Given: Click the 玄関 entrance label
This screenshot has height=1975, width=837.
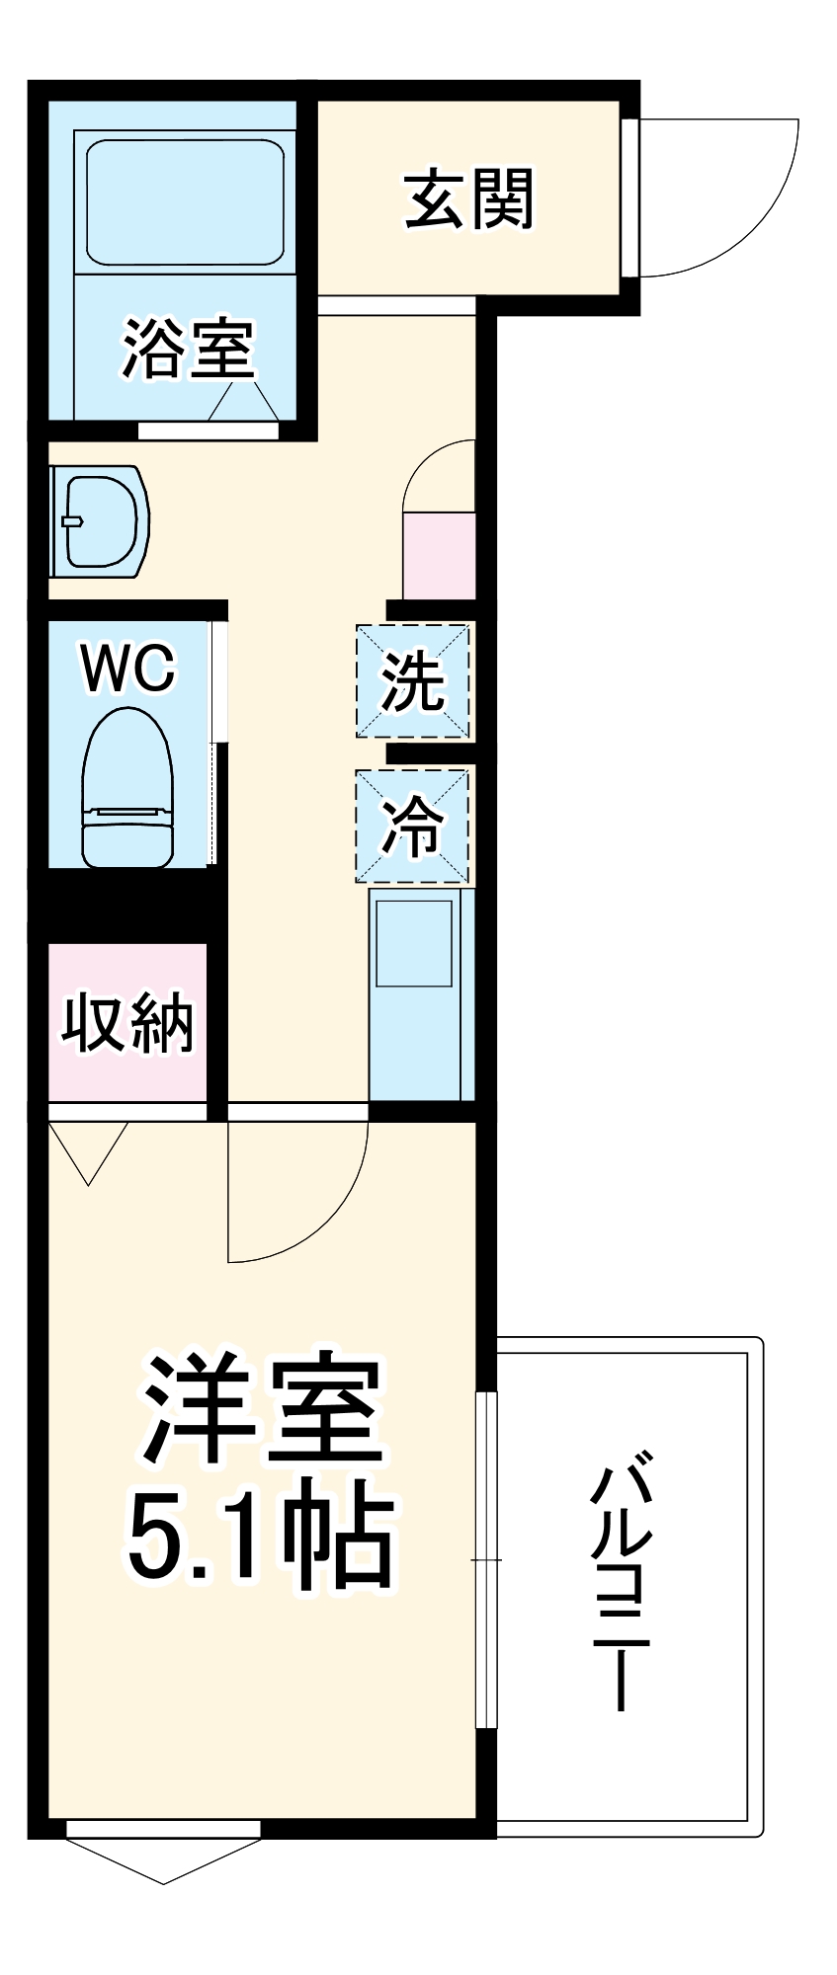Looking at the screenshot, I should pos(469,198).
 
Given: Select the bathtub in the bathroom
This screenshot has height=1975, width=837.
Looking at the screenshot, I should pos(185,201).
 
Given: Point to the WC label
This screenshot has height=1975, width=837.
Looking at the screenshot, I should pos(127,669).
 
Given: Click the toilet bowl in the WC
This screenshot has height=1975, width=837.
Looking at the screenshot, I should pos(127,790).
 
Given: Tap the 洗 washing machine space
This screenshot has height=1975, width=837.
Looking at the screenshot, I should pos(413,681).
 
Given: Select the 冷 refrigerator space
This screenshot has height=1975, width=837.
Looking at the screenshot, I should pos(413,826).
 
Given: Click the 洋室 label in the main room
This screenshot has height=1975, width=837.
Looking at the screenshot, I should pos(262,1412).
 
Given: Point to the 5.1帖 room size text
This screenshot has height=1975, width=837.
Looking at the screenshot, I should pos(262,1540).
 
